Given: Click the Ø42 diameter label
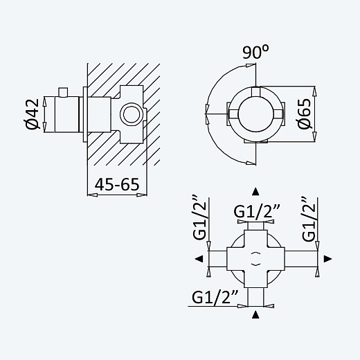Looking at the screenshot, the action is tap(33, 114).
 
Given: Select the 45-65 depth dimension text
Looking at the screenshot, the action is tap(117, 184).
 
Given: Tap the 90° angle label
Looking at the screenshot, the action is tap(255, 52).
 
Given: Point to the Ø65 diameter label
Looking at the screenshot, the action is tap(304, 114).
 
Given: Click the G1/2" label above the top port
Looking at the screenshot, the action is tap(257, 211).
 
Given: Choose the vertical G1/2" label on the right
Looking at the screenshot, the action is tap(309, 219).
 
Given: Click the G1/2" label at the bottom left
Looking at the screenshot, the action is tap(215, 297).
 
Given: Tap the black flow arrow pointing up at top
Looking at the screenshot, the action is tap(255, 192).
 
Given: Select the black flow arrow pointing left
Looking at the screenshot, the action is tap(199, 259).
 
